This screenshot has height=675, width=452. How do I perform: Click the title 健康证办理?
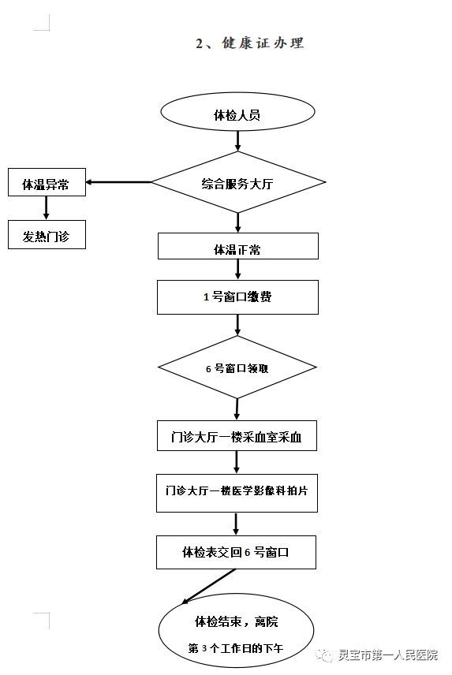coord(263,43)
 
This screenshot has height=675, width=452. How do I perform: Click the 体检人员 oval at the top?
coord(237,111)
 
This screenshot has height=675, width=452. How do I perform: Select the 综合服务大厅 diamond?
coord(238,182)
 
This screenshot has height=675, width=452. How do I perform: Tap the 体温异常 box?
coord(47,182)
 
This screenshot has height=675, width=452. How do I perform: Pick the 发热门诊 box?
coord(47,235)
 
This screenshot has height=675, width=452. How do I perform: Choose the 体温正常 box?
coord(238,246)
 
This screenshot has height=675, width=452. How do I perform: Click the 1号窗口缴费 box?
coord(237,297)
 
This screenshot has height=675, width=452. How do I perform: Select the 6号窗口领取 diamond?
coord(237,367)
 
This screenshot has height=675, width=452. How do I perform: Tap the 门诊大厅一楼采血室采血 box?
coord(237,435)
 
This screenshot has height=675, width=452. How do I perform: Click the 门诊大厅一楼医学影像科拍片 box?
coord(237,493)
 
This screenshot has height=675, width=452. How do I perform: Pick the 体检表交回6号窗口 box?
coord(236,552)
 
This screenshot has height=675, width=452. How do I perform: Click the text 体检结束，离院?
coord(237,621)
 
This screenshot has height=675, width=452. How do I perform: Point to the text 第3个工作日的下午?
coord(236,648)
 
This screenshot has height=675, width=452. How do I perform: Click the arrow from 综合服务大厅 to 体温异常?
coord(118,182)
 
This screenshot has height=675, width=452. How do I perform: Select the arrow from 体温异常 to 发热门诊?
coord(47,208)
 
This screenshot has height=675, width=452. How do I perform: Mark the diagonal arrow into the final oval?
coord(208,587)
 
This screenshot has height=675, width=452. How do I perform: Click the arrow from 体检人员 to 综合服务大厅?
coord(237,141)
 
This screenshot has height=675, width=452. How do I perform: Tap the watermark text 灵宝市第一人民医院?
coord(388,654)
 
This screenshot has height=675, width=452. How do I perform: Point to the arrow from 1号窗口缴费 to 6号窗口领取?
coord(237,325)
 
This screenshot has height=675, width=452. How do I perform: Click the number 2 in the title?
coord(200,43)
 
